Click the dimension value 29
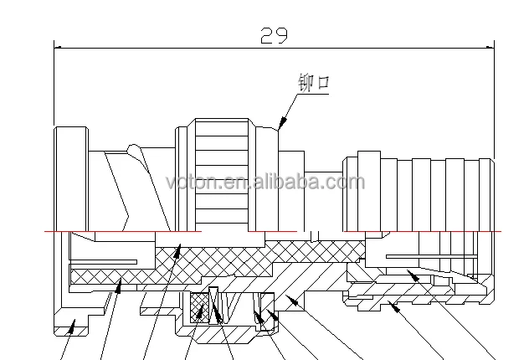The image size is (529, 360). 274,34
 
